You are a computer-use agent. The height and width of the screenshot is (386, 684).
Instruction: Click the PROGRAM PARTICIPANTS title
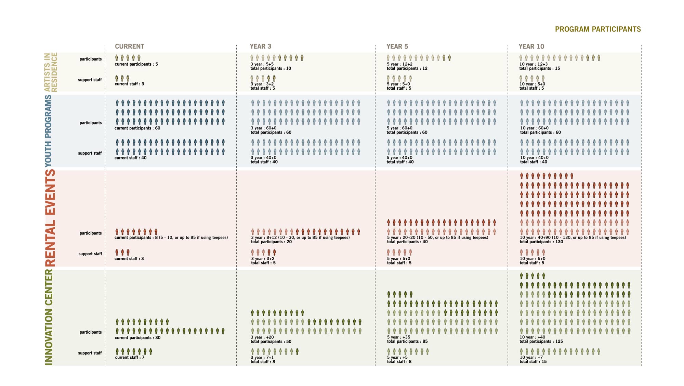pos(597,29)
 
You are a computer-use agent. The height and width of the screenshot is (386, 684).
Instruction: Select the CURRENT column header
pos(129,47)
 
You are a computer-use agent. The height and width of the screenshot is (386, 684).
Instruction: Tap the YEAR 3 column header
pos(260,47)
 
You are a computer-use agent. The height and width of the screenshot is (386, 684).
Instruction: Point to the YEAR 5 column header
pos(397,47)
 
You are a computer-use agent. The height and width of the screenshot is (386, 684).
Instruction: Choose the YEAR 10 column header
pos(531,47)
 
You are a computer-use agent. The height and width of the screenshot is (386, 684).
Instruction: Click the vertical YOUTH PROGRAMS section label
pos(49,131)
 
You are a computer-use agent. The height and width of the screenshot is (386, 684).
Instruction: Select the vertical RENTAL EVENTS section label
pos(50,218)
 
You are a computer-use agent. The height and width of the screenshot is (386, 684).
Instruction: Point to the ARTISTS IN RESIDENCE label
pos(51,72)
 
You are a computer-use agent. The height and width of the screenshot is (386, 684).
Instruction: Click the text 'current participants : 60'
pos(137,128)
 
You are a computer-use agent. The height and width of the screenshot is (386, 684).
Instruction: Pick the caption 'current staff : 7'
pos(130,358)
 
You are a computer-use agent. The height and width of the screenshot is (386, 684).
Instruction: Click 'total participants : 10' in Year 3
pos(271,68)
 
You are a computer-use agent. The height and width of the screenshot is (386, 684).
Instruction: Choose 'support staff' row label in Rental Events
pos(90,254)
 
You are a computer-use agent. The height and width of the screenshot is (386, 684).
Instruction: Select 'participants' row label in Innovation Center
pos(91,332)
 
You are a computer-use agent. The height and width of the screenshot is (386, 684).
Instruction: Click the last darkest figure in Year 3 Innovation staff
pos(297,351)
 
